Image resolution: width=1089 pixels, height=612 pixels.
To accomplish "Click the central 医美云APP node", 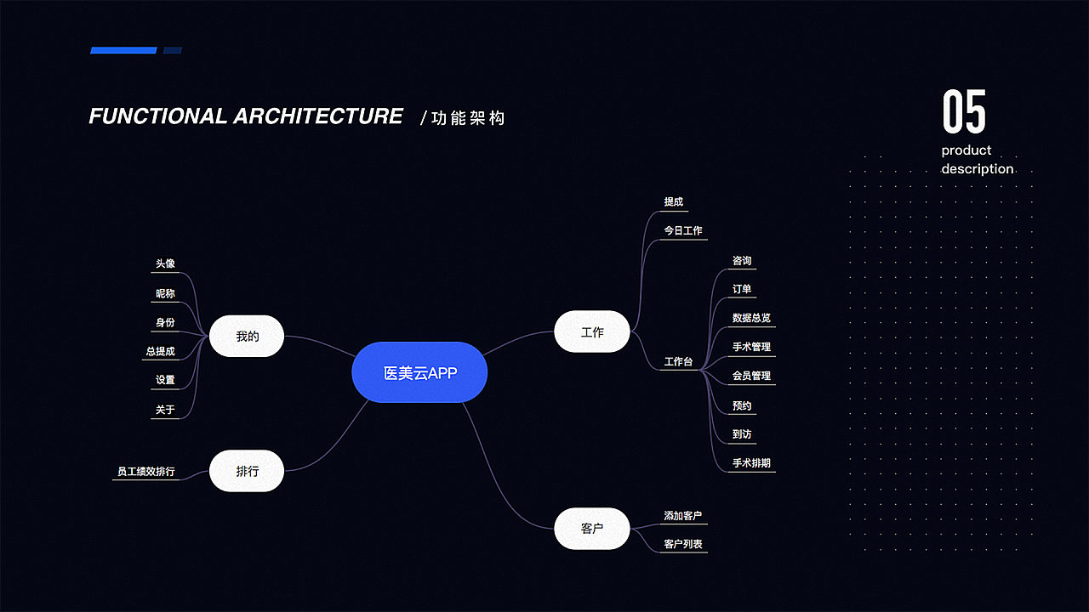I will point(419,372).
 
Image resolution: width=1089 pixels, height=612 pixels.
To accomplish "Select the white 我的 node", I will point(247,337).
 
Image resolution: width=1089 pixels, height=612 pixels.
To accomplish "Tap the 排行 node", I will point(247,471).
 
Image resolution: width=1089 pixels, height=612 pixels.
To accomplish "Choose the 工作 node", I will point(592,332).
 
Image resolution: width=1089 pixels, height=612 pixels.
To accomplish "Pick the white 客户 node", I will point(592,529).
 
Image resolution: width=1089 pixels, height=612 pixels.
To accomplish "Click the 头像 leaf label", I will point(165,264).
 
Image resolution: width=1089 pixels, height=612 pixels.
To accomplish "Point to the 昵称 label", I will point(165,294).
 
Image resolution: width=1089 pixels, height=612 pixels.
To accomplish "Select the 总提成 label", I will point(160,351).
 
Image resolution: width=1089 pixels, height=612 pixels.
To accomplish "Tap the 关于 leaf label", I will point(165,410).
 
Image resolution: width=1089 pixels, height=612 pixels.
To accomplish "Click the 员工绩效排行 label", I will point(145,471).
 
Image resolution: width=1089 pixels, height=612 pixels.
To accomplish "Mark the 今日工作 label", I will point(683,231).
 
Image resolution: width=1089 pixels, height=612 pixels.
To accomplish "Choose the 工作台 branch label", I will point(678,362).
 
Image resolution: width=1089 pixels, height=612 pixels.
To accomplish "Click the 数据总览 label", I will point(751,318).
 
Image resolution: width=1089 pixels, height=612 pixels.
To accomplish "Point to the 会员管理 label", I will point(751,376).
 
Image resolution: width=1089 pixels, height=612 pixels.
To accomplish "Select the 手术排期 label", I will point(751,463).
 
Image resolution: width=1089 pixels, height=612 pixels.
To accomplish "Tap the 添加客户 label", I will point(682,516).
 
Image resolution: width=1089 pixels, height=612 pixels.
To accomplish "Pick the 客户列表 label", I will point(682,544).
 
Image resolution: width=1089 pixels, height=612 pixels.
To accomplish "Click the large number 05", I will point(964,112).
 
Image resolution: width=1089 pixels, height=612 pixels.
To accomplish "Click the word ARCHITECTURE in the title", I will point(317,116).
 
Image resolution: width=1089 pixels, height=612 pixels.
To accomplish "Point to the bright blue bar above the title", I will point(123,50).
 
